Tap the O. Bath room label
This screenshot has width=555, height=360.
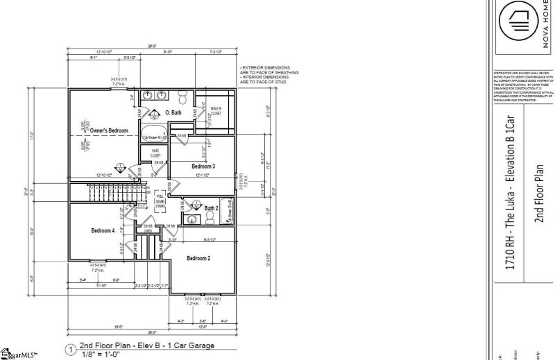(173, 112)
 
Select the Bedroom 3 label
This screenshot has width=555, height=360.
(203, 167)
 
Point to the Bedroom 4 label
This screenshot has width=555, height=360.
(103, 231)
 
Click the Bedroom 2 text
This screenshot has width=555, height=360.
(198, 258)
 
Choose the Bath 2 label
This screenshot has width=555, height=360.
(212, 207)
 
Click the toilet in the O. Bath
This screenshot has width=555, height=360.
(182, 96)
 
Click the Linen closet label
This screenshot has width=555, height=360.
(148, 230)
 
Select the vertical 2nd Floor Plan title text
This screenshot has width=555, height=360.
(538, 194)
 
